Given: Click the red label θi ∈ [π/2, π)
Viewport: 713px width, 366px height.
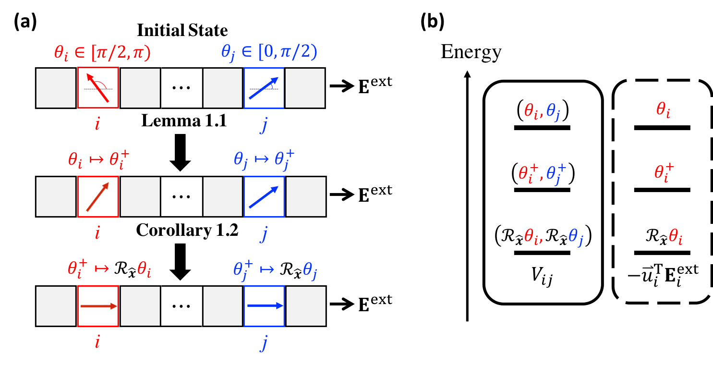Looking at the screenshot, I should (102, 53).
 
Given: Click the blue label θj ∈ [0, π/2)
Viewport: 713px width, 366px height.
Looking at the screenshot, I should (269, 52).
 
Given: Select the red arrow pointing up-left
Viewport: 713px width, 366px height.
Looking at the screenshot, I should (97, 87).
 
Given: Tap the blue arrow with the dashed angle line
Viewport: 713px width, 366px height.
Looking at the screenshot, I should (264, 88).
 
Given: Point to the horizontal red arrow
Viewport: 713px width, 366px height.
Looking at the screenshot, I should (98, 306).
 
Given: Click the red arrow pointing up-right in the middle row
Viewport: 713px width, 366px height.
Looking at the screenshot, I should (97, 196).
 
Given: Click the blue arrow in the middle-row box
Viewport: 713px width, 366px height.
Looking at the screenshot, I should (264, 197).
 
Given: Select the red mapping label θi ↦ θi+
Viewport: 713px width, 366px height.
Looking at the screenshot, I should (99, 159).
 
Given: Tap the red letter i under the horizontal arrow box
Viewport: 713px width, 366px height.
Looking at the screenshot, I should (97, 342).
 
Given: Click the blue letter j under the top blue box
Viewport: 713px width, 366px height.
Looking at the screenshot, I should (264, 125).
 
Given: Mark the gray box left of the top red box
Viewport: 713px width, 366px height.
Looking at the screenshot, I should (56, 88).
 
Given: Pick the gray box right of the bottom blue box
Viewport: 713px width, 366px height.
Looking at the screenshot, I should (306, 306).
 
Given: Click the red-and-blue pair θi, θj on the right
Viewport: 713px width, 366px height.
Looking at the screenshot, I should (542, 112).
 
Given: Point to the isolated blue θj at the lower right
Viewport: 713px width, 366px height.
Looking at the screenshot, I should (576, 237).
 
